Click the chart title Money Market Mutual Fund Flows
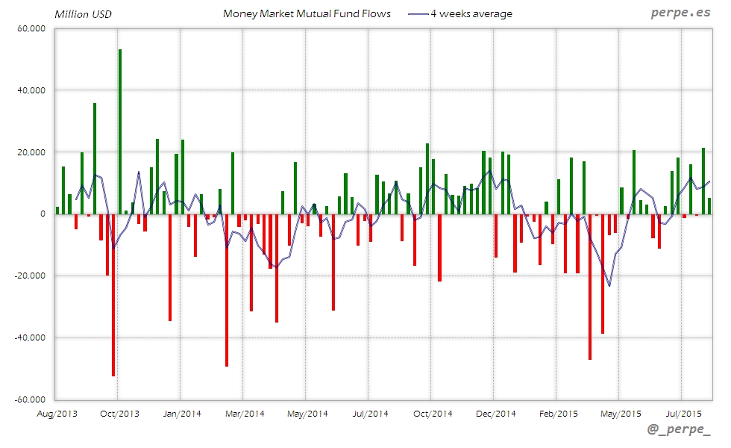[x=307, y=13]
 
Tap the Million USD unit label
[x=83, y=13]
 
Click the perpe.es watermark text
[x=680, y=13]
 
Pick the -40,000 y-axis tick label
[x=30, y=337]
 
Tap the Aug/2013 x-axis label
[x=57, y=413]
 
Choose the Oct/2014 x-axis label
[x=433, y=413]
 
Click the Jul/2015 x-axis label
[x=682, y=413]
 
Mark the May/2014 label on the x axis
[x=307, y=413]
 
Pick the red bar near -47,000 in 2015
[x=589, y=287]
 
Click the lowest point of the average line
[x=609, y=286]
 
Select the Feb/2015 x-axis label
[x=558, y=413]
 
